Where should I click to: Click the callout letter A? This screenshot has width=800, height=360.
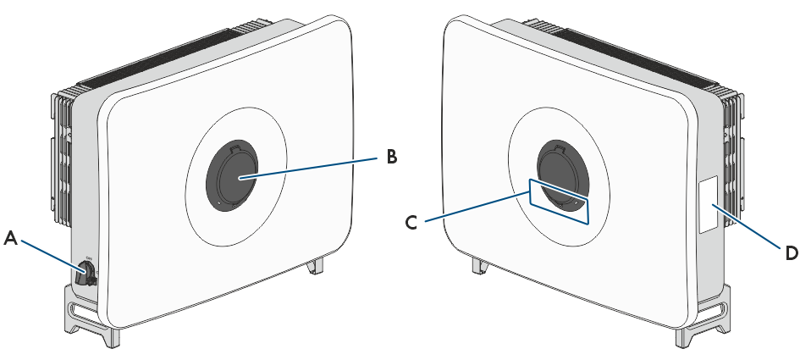(x=11, y=239)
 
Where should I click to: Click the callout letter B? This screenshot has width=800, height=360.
(x=391, y=157)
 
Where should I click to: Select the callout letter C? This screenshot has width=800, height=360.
(x=411, y=223)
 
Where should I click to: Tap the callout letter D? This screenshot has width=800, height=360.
(x=792, y=252)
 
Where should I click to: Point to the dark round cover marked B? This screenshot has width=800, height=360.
(x=232, y=174)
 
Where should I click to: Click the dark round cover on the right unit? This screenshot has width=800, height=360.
(x=563, y=174)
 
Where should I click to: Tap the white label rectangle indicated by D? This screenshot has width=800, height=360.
(x=709, y=204)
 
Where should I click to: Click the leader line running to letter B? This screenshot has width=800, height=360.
(x=308, y=168)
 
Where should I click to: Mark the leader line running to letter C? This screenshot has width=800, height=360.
(x=476, y=207)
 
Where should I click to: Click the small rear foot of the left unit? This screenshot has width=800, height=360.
(x=316, y=265)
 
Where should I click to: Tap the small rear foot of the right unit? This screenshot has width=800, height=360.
(x=480, y=265)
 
